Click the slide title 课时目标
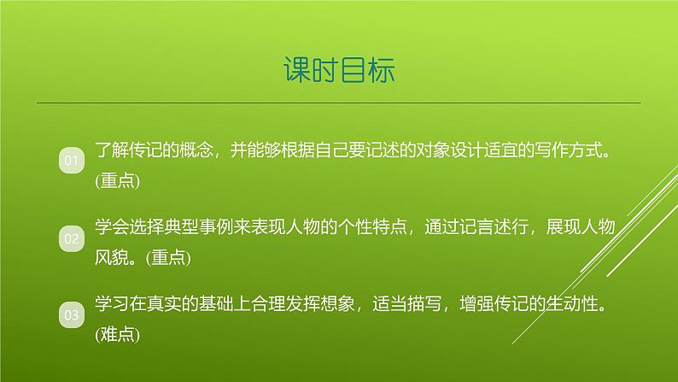339,70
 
